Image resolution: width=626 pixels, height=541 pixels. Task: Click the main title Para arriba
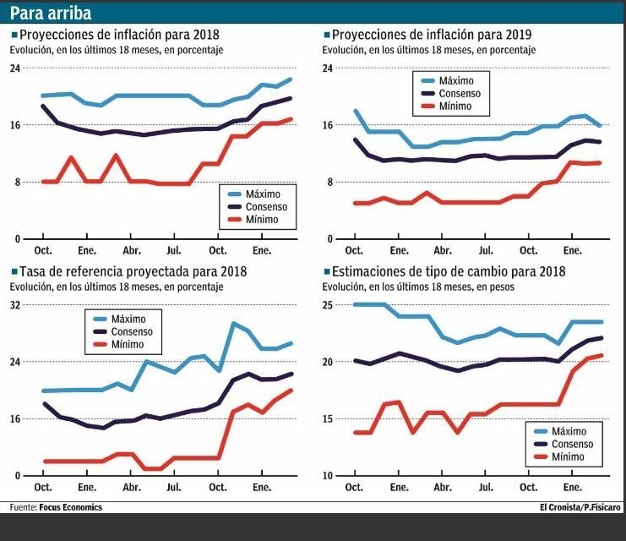coord(51,14)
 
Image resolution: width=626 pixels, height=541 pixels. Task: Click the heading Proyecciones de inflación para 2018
coord(117,36)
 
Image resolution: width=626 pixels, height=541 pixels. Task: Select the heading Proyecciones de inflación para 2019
coord(431,36)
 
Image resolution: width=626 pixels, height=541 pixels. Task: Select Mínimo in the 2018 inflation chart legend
coord(261,220)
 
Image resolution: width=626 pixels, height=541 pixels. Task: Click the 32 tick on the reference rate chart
coord(14,304)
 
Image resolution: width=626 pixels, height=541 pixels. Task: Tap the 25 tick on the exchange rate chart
coord(328,304)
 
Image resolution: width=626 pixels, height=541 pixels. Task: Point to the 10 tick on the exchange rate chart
coord(328,476)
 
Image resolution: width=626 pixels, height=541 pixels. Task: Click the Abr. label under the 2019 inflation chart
coord(442,250)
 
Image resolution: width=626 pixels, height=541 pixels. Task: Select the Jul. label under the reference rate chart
coord(174,487)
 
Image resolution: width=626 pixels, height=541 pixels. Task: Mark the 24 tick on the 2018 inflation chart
coord(14,68)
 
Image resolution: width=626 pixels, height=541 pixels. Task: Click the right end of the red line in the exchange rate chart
coord(601,356)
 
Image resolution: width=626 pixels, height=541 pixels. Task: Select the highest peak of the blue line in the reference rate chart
coord(233,324)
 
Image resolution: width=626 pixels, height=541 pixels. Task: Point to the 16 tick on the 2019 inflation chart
coord(328,125)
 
